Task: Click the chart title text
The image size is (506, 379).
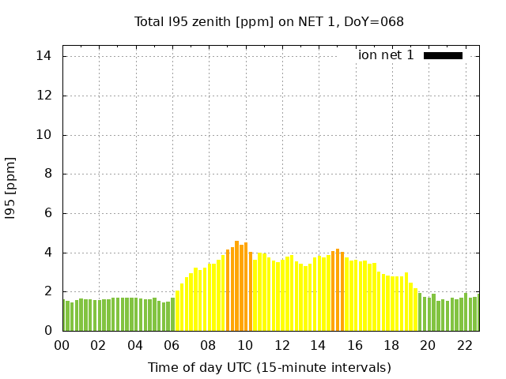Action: [x=269, y=22]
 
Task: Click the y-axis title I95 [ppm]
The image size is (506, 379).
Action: [x=10, y=189]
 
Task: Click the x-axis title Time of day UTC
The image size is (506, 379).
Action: [x=269, y=367]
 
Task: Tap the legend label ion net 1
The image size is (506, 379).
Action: [x=386, y=55]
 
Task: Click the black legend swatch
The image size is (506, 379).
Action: [x=443, y=55]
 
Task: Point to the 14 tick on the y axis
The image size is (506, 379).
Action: [x=44, y=56]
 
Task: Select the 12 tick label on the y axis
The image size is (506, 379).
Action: [x=44, y=96]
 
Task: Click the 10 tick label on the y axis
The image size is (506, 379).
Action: [x=44, y=135]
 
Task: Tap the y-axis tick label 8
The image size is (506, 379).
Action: [x=48, y=174]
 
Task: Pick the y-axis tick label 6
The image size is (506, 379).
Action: [x=48, y=213]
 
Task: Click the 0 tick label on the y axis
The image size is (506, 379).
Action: [x=48, y=331]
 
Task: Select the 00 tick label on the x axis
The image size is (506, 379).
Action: [x=62, y=345]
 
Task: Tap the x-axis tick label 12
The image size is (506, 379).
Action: [x=281, y=345]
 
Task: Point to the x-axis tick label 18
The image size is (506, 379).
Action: [x=391, y=345]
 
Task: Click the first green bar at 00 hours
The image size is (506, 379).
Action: [x=64, y=316]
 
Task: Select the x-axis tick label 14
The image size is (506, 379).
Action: [x=318, y=345]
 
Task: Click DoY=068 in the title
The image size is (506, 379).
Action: [x=378, y=22]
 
